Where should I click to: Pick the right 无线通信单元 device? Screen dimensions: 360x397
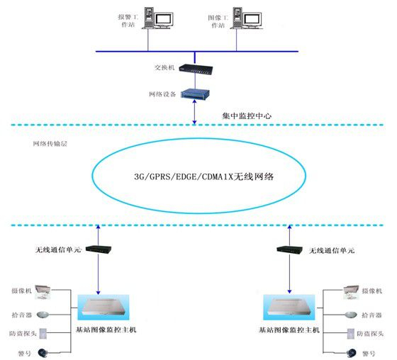[288, 250]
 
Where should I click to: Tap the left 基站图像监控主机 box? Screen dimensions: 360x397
[104, 306]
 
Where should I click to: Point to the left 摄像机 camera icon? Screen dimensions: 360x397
[43, 291]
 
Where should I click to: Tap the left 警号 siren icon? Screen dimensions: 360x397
[43, 352]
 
